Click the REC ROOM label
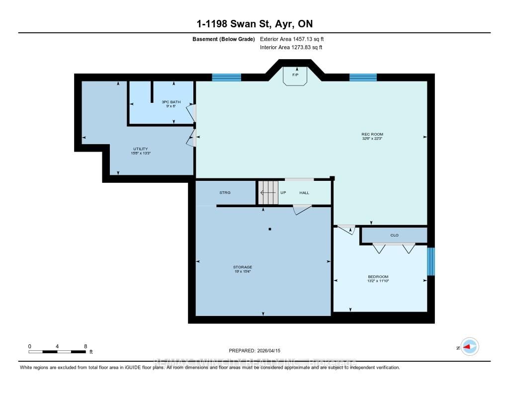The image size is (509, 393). coord(372,134)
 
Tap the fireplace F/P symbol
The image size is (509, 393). coord(295,76)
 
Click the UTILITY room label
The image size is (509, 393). coord(141,149)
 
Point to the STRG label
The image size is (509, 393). coord(225,192)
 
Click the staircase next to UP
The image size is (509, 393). coord(268,192)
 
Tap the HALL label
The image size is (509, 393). coord(304,192)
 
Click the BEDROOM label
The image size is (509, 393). coord(379,277)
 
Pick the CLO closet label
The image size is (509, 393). coord(394,235)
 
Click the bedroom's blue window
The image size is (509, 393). coord(431,261)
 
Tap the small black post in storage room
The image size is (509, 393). coord(269,229)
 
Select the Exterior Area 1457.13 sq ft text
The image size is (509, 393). coord(292,39)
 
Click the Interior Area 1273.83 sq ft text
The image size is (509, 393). coord(291,48)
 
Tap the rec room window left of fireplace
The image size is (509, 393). coord(227,77)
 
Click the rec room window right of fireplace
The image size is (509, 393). coord(363,77)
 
